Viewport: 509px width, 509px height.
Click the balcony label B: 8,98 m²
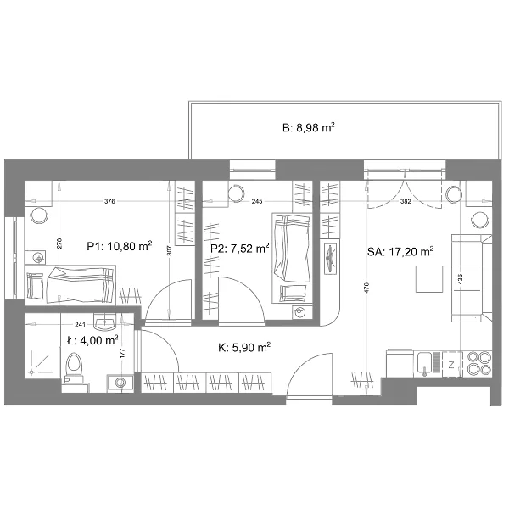[x=309, y=127]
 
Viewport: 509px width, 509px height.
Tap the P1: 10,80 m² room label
[x=120, y=246]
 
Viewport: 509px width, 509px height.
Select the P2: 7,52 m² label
[x=239, y=249]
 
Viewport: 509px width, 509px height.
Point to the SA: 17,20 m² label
[x=400, y=251]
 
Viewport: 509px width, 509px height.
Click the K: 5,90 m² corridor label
[x=244, y=347]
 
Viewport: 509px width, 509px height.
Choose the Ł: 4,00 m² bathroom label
[x=92, y=340]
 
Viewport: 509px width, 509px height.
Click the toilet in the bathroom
[x=74, y=368]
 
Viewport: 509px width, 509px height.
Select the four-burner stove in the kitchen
[x=479, y=363]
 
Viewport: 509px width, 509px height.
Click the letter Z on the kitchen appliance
[x=451, y=365]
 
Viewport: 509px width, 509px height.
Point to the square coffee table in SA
[x=429, y=279]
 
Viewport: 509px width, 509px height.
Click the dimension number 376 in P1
[x=109, y=201]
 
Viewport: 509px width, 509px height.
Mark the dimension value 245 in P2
[x=257, y=201]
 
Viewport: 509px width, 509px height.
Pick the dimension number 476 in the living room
[x=366, y=288]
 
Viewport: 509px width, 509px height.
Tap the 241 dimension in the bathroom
[x=80, y=324]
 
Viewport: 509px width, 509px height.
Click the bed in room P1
[x=70, y=285]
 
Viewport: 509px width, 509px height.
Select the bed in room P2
[x=292, y=258]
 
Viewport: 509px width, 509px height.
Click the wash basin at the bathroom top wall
[x=104, y=322]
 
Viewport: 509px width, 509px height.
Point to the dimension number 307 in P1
[x=169, y=250]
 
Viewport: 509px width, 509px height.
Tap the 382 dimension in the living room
[x=406, y=201]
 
